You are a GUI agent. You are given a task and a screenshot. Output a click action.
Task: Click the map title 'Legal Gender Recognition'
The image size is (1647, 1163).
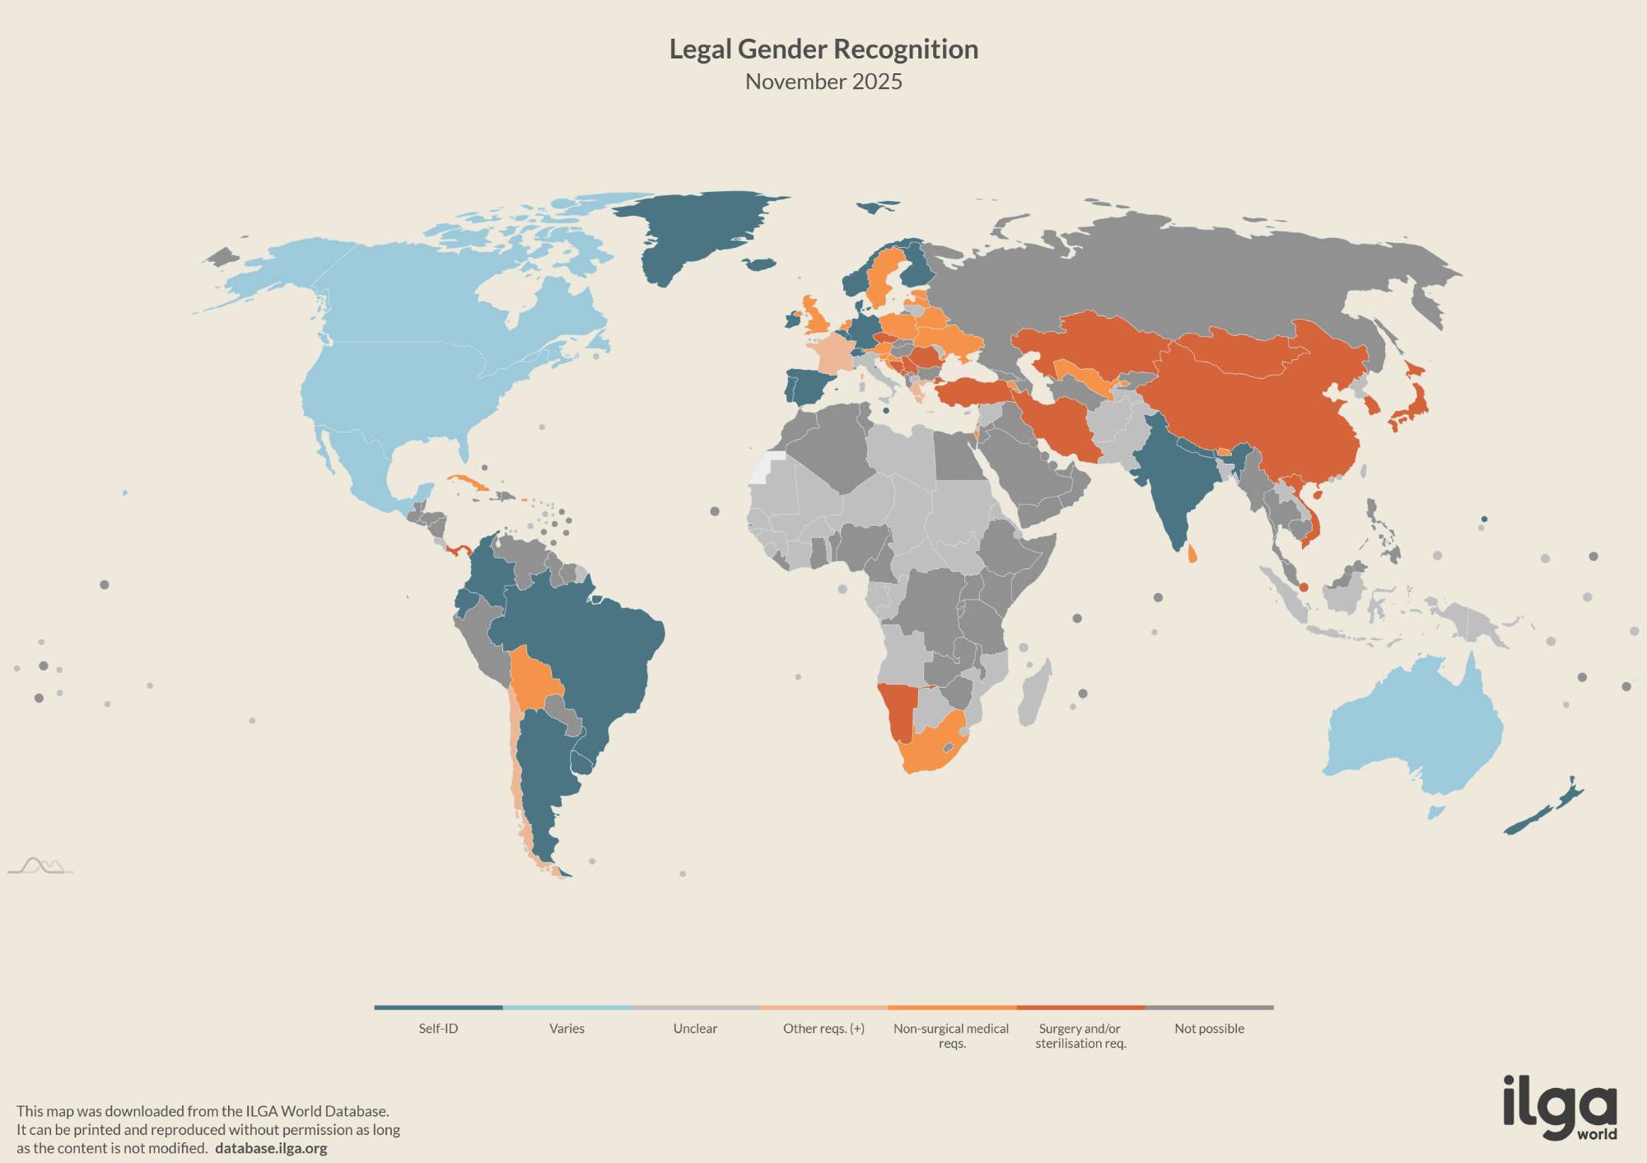coord(823,49)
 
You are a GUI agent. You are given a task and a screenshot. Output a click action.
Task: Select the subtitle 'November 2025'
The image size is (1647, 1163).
coord(823,82)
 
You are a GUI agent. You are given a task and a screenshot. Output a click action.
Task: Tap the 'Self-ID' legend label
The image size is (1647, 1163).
coord(438,1028)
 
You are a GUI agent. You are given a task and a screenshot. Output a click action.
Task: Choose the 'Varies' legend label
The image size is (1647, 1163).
coord(567,1028)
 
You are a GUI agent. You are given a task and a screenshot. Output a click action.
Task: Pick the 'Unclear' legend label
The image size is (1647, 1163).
coord(695,1028)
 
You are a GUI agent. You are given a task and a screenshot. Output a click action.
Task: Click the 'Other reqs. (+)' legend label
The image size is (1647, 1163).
coord(823,1028)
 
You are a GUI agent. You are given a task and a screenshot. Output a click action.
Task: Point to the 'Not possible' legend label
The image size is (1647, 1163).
coord(1209,1028)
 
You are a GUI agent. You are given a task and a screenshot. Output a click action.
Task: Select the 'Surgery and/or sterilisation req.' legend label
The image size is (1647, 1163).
coord(1080,1035)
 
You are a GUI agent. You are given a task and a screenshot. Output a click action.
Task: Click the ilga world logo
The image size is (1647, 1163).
coord(1560,1108)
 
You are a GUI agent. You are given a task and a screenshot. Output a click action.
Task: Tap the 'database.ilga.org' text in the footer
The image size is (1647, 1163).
coord(271,1148)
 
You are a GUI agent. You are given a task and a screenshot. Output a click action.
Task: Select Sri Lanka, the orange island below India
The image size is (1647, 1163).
coord(1192,556)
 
